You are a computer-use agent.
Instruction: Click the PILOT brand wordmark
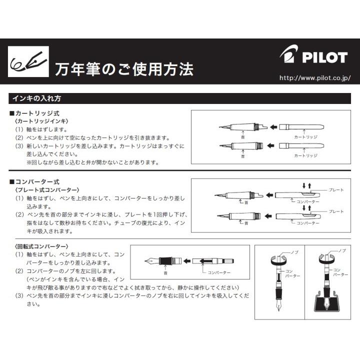click(x=324, y=57)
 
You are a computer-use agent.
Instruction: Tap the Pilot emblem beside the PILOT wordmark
click(x=289, y=55)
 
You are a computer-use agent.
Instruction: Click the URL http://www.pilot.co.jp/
click(x=314, y=78)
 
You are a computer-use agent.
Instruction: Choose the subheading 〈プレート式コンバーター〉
click(x=48, y=190)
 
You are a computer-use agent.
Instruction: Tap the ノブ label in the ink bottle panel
click(x=341, y=249)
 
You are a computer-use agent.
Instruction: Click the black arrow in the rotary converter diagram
click(x=185, y=260)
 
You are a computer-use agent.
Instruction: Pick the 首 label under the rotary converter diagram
click(x=165, y=273)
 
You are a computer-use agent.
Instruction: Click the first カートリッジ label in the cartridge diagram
click(x=305, y=136)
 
